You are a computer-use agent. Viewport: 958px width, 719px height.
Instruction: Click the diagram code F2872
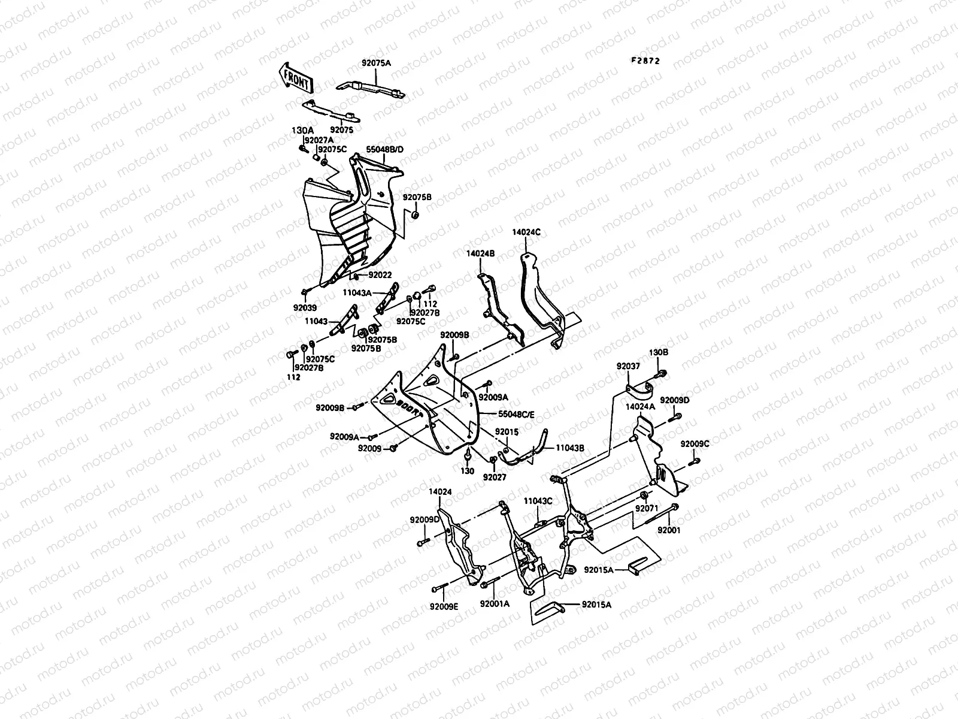(x=646, y=61)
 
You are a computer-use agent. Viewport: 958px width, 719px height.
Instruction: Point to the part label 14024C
(x=526, y=231)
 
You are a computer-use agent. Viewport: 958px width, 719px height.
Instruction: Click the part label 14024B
(x=481, y=253)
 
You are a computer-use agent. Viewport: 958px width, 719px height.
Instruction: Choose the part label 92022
(x=380, y=275)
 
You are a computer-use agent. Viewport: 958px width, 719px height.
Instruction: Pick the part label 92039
(x=305, y=306)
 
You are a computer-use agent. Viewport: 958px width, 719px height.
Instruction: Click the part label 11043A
(x=357, y=292)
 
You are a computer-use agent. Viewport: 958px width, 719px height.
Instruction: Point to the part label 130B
(x=659, y=352)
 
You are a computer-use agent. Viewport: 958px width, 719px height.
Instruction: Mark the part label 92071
(x=647, y=508)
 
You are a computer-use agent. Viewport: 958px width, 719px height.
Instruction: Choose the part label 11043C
(x=538, y=500)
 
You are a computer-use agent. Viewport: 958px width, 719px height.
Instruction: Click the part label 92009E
(x=444, y=606)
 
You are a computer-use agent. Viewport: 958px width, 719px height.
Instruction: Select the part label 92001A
(x=495, y=604)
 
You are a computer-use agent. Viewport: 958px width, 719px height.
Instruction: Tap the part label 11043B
(x=570, y=447)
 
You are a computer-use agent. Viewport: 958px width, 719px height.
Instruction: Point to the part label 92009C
(x=695, y=444)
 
